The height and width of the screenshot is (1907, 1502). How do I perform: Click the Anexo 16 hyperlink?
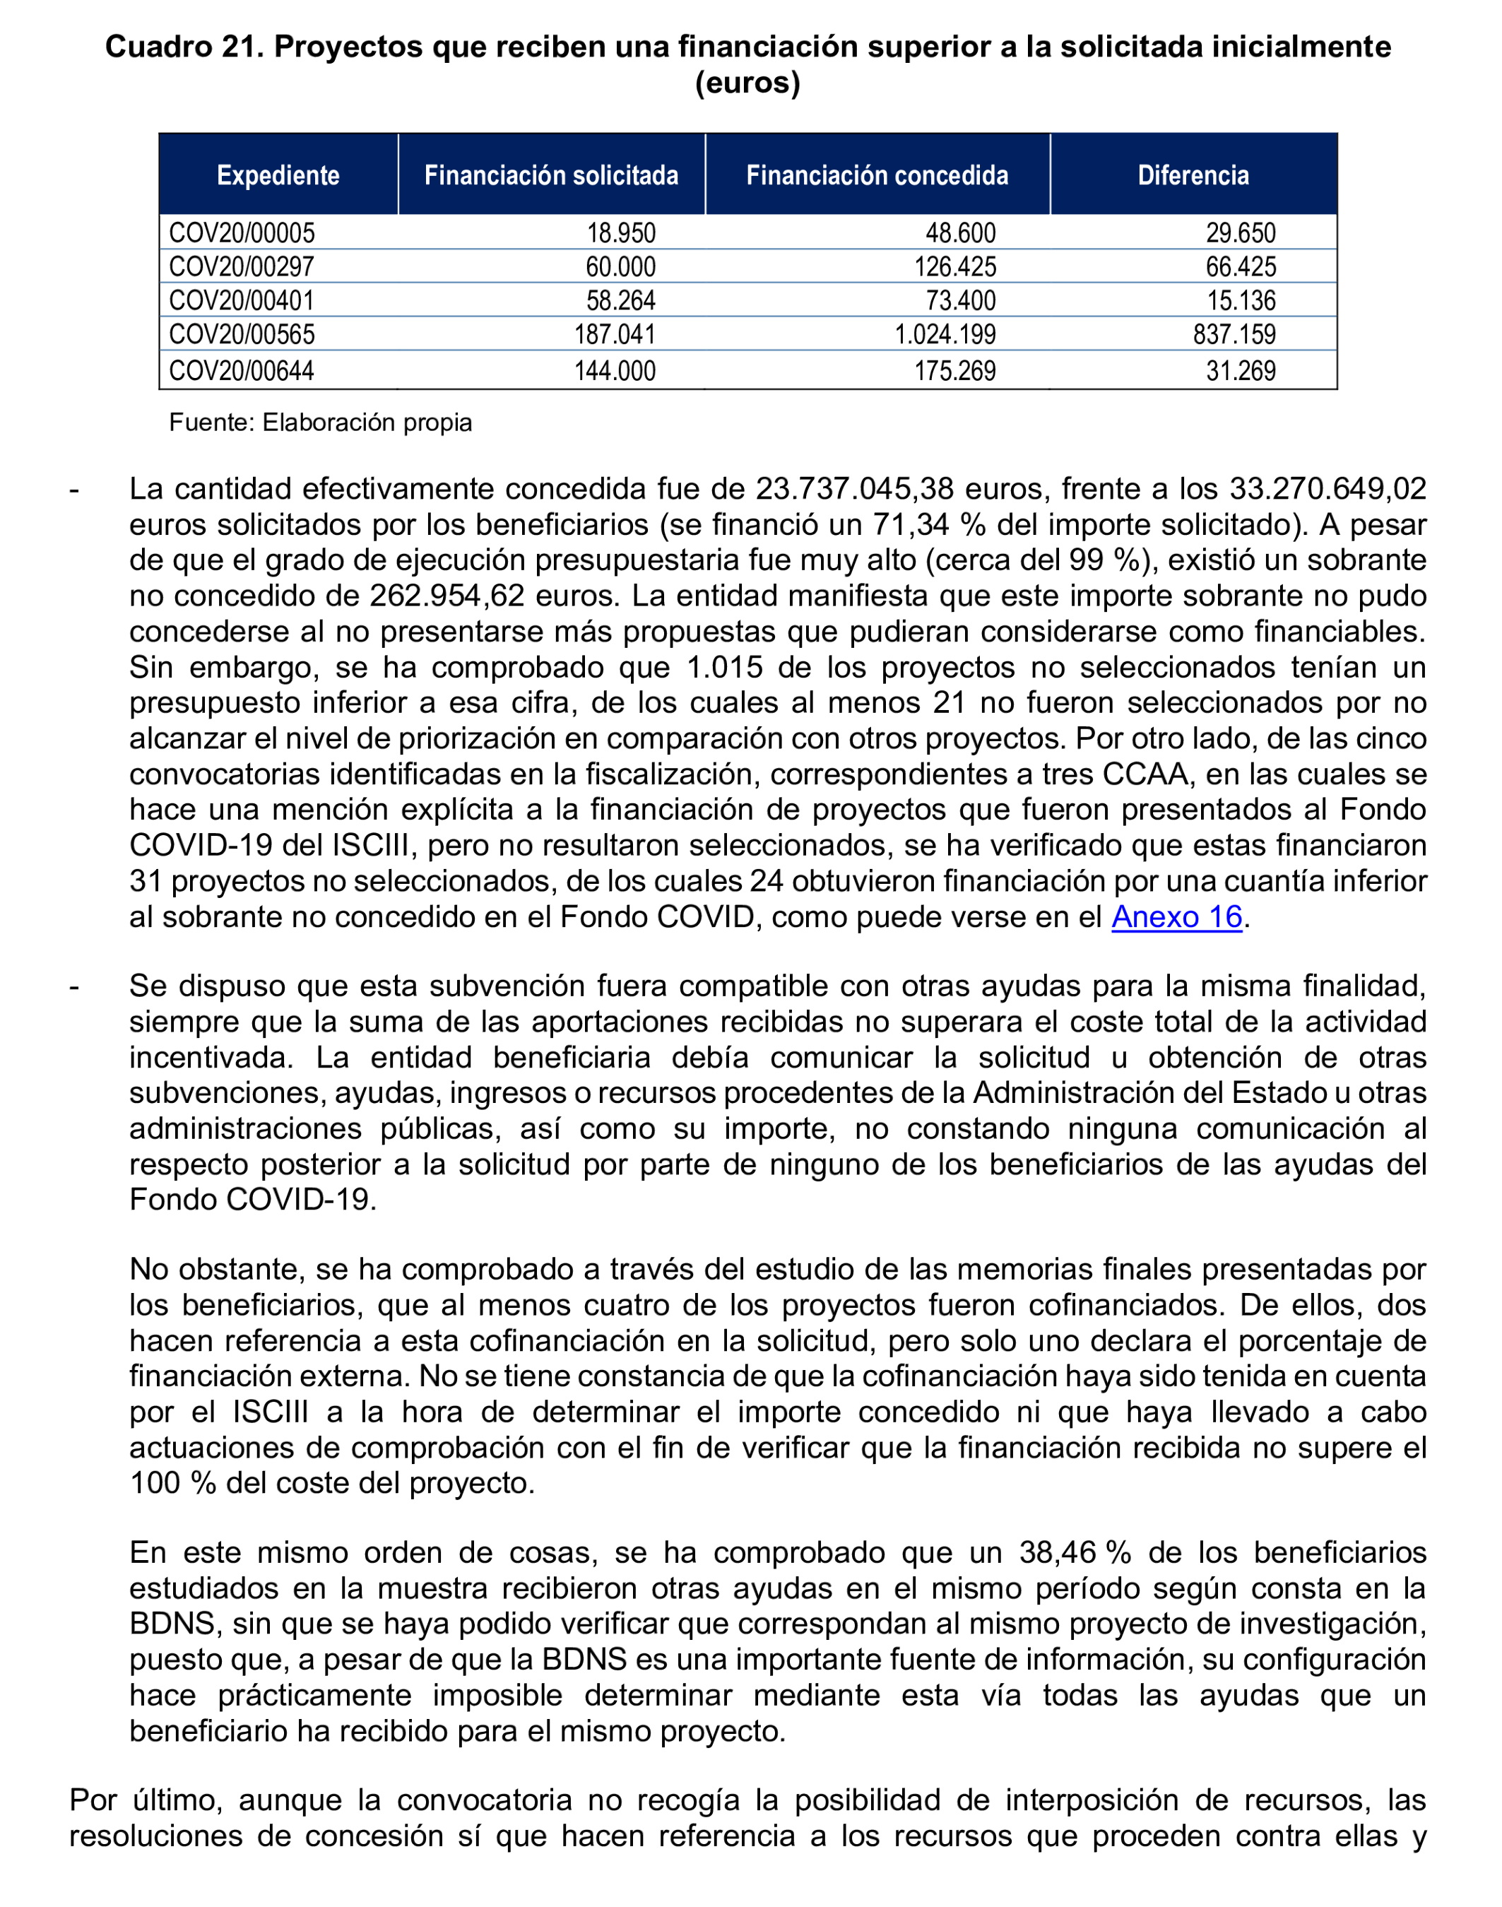pyautogui.click(x=1176, y=917)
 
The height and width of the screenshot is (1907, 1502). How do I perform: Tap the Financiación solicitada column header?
pyautogui.click(x=551, y=175)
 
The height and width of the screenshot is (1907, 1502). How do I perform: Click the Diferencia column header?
pyautogui.click(x=1193, y=175)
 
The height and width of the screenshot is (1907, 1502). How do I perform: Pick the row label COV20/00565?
pyautogui.click(x=242, y=334)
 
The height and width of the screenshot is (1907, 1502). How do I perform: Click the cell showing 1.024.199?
pyautogui.click(x=945, y=334)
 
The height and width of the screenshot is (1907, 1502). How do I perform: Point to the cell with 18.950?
pyautogui.click(x=621, y=233)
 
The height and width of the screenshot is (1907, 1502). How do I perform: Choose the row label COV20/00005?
pyautogui.click(x=242, y=233)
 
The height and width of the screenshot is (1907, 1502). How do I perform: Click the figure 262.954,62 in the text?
pyautogui.click(x=446, y=596)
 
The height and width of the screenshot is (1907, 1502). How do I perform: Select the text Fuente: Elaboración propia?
pyautogui.click(x=320, y=423)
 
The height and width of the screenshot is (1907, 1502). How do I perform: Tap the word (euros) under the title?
pyautogui.click(x=747, y=83)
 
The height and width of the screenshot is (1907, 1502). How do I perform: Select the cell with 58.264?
pyautogui.click(x=621, y=301)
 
